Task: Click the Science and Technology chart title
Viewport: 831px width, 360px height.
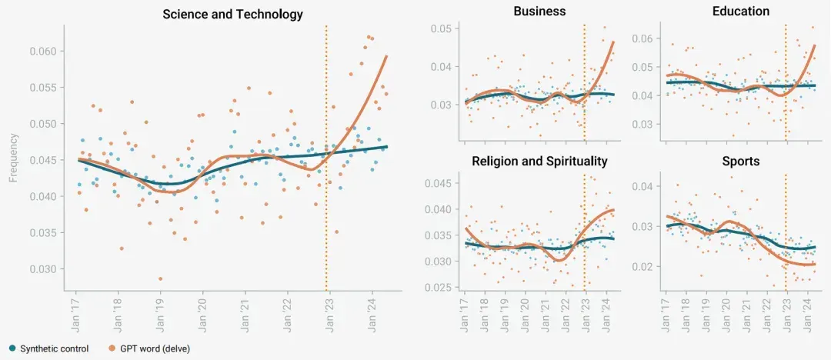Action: (x=232, y=14)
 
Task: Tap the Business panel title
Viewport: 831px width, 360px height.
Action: (x=539, y=11)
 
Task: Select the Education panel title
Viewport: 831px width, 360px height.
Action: (x=741, y=11)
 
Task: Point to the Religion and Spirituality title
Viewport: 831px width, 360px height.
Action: (x=539, y=162)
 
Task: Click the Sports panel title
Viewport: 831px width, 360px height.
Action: (x=741, y=162)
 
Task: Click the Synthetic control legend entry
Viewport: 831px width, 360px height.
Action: (x=48, y=348)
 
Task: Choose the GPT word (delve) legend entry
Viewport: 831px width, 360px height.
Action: (x=149, y=348)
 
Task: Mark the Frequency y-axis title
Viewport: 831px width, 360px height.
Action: (x=13, y=158)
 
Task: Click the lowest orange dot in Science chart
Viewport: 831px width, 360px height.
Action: (x=160, y=279)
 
